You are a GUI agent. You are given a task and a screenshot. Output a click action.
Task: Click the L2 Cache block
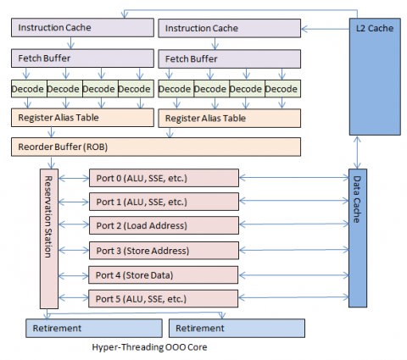coord(375,76)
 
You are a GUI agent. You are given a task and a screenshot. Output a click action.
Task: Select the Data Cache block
coord(358,238)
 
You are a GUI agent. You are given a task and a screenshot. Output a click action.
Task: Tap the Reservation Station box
coord(49,239)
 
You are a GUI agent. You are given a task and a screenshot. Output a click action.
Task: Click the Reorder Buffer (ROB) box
coord(156,147)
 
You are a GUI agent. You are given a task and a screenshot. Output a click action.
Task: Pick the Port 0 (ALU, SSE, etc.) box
coord(164,178)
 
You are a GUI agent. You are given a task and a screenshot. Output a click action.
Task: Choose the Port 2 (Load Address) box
coord(164,225)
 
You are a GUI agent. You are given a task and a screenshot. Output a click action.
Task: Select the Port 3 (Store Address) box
coord(164,251)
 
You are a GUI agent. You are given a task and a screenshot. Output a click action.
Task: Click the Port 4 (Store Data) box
coord(163,274)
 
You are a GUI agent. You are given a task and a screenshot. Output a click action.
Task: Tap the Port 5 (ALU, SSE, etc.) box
coord(163,298)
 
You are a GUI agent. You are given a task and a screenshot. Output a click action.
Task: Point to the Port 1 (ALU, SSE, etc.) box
coord(164,202)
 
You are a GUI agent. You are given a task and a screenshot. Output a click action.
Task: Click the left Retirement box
coord(94,328)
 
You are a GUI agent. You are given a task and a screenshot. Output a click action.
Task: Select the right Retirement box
coord(237,328)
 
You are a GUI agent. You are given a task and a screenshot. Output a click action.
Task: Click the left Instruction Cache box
coord(82,27)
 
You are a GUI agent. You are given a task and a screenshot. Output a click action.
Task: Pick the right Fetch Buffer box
coord(229,58)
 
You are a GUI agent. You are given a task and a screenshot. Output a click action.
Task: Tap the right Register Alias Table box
coord(229,118)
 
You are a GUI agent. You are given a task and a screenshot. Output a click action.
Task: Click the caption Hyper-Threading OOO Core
coord(149,347)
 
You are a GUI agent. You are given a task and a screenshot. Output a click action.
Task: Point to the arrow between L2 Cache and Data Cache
coord(357,152)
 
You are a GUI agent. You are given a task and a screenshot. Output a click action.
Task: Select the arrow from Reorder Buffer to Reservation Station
coord(51,163)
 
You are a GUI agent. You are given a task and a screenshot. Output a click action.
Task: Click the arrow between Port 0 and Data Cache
coord(294,178)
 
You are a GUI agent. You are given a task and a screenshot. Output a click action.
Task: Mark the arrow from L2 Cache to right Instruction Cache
coord(326,29)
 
